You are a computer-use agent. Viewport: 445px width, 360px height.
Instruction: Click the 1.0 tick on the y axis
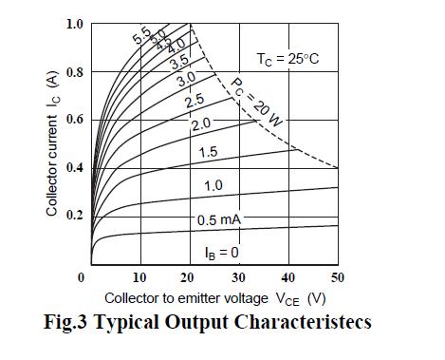point(74,24)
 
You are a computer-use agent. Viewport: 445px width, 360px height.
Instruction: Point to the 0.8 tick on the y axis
point(74,72)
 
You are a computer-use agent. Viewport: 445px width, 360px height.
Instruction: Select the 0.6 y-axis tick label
point(74,120)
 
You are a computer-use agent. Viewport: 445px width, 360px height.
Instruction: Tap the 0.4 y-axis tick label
point(74,167)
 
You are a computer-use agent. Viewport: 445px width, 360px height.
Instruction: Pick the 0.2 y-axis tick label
point(74,215)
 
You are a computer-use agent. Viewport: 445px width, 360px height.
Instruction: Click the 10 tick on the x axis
point(139,277)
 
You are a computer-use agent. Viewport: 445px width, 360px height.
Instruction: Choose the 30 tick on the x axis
point(238,277)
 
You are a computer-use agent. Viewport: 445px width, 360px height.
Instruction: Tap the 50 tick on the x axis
point(337,277)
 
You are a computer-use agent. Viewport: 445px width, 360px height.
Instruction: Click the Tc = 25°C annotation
point(287,59)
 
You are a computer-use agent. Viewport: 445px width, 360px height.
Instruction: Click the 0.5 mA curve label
point(219,220)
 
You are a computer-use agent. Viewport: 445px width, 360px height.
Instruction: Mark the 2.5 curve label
point(194,102)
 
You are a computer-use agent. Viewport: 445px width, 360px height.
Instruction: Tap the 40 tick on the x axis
point(287,277)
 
